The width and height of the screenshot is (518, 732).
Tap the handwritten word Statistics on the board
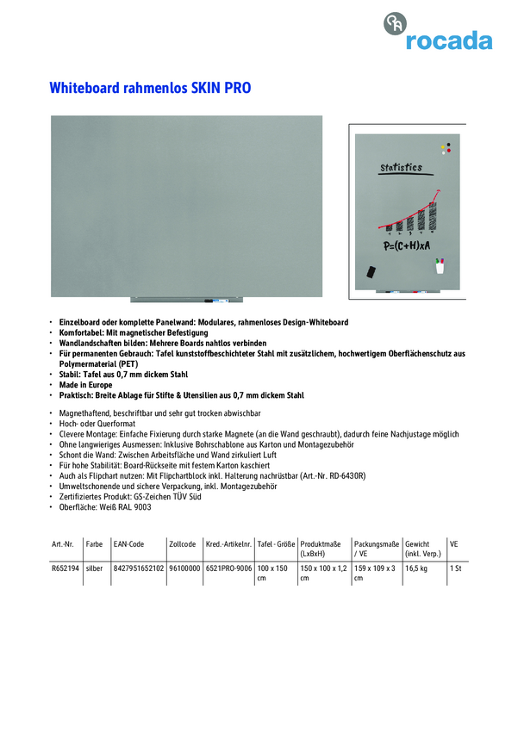coord(401,167)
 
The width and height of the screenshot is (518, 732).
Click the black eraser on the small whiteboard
coord(372,271)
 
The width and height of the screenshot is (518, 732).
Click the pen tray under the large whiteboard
coord(187,300)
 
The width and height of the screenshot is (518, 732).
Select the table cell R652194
coord(66,569)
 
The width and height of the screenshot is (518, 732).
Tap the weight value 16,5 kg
coord(417,569)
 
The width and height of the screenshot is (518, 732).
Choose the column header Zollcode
coord(183,544)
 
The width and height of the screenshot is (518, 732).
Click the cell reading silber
coord(94,569)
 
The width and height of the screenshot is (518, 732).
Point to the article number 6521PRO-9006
coord(228,569)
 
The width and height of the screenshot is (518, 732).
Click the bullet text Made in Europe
coord(85,385)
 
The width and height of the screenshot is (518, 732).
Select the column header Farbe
coord(94,544)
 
